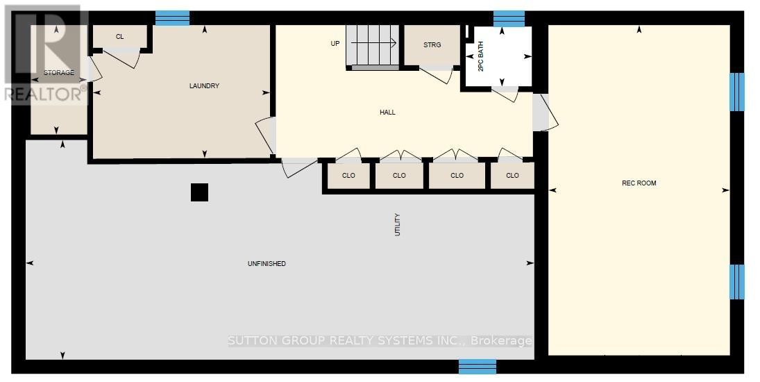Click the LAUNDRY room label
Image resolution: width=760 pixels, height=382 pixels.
click(x=204, y=86)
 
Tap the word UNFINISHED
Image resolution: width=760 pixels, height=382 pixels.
click(x=267, y=264)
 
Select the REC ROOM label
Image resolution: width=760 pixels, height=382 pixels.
click(x=639, y=183)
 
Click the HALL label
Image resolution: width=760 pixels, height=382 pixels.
click(x=387, y=113)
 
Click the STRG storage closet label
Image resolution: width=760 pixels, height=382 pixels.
click(x=432, y=45)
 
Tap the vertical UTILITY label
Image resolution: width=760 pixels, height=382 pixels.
click(x=398, y=224)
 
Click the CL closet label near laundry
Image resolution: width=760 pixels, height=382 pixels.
click(x=119, y=37)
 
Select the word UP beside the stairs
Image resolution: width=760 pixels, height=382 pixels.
click(x=335, y=44)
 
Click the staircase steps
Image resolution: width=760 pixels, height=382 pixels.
click(x=372, y=45)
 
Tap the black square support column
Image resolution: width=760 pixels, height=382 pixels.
click(x=199, y=192)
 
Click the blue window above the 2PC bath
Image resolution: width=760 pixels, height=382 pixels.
click(x=509, y=19)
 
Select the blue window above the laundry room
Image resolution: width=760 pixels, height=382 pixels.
click(x=172, y=18)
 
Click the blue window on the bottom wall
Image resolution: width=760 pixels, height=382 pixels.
click(x=478, y=367)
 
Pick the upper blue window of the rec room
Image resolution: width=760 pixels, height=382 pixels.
click(x=736, y=92)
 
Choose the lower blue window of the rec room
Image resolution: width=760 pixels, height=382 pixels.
click(x=736, y=282)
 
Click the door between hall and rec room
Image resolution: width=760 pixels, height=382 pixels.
click(x=545, y=113)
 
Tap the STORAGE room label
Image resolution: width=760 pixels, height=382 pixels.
click(x=59, y=73)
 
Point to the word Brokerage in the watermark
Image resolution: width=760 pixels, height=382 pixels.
click(x=501, y=341)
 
